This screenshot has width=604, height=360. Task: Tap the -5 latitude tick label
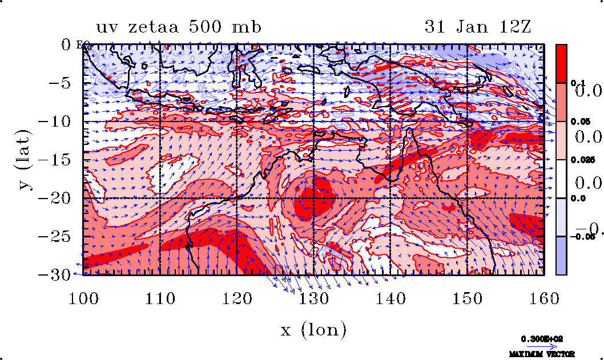pos(60,83)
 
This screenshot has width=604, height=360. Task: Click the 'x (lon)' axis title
pos(313,329)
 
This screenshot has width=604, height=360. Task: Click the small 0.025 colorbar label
pos(579,160)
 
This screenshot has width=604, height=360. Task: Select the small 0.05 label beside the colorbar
pos(578,122)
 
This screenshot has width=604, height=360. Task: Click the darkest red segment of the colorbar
pos(561,63)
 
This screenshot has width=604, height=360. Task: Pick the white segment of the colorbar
pos(561,179)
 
